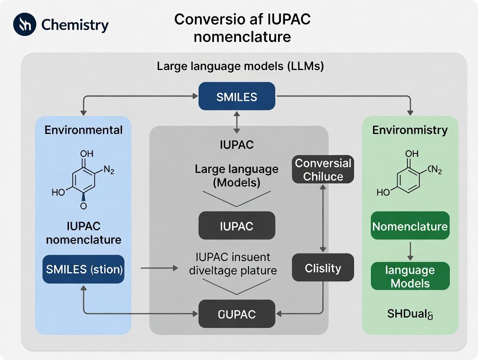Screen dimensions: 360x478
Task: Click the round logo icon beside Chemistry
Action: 25,24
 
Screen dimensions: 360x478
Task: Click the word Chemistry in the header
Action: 75,25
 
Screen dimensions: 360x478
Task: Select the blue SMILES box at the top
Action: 237,96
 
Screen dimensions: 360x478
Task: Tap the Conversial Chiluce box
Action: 323,170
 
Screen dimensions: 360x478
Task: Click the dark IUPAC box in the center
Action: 237,225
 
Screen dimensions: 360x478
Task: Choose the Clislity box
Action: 323,268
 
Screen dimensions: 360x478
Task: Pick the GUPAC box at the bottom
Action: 237,314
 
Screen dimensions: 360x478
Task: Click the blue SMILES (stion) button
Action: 84,269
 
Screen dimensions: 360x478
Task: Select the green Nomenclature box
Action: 410,226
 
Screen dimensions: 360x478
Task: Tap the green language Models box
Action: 410,276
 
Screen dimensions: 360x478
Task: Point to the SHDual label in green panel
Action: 410,314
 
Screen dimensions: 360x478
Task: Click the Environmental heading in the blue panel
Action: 84,130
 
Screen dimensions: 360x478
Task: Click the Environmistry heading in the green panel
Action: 410,130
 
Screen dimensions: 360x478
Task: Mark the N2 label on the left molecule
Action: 109,170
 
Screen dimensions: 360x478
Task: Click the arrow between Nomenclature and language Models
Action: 410,251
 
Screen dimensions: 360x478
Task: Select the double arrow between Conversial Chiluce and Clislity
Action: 323,219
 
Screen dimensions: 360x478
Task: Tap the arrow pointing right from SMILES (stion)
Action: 159,269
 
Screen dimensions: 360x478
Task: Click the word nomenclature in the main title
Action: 242,36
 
